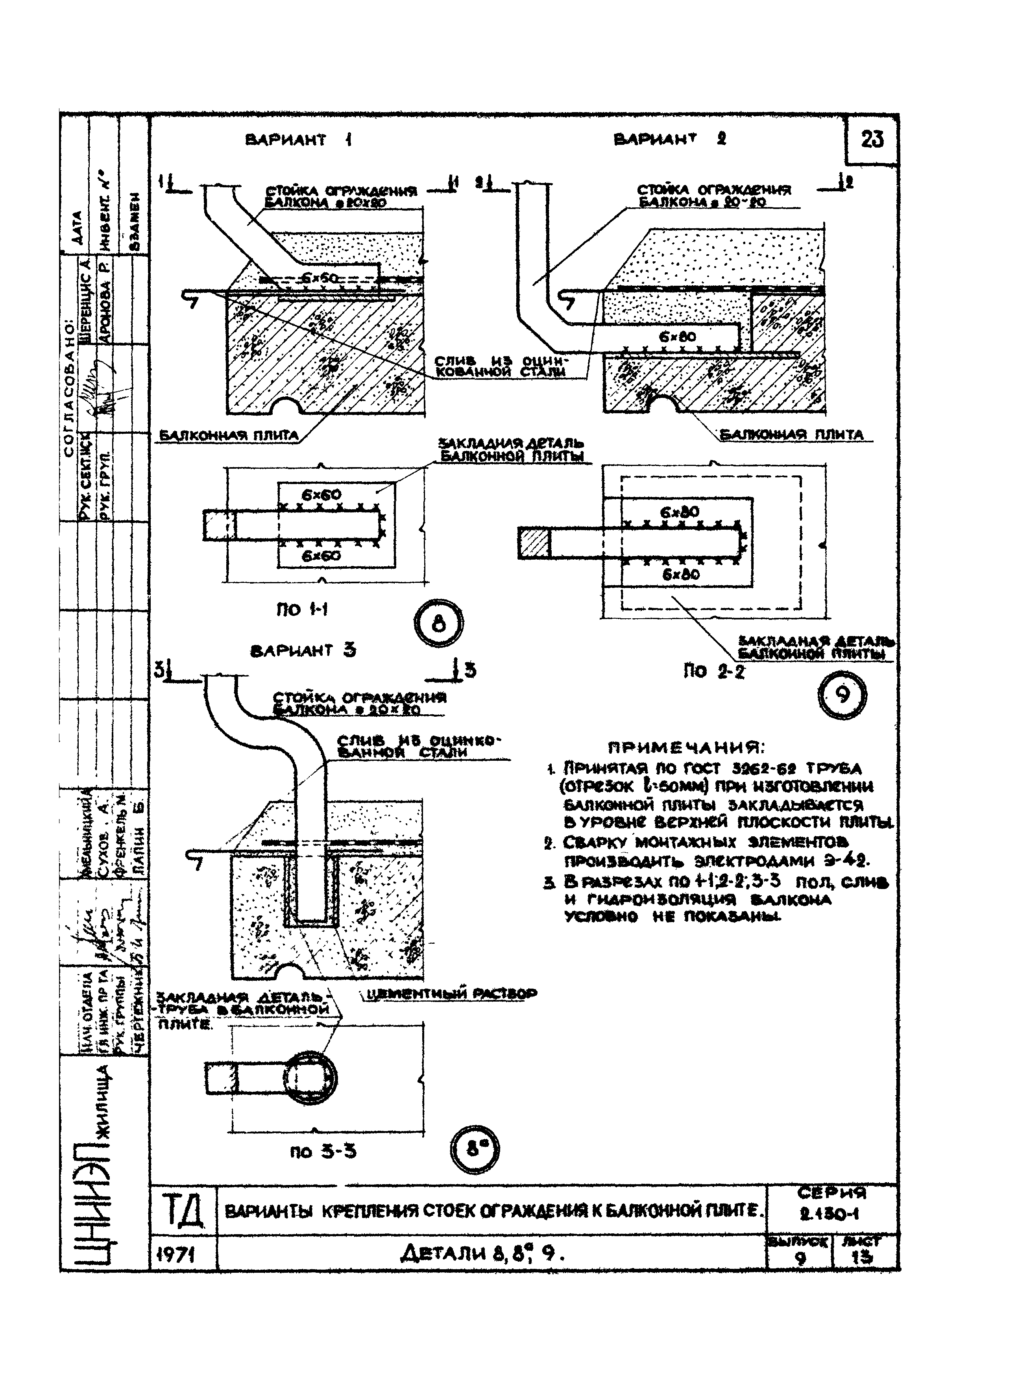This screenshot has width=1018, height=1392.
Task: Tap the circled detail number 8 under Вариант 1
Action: pos(438,624)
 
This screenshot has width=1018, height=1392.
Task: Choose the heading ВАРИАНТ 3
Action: pos(303,651)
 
